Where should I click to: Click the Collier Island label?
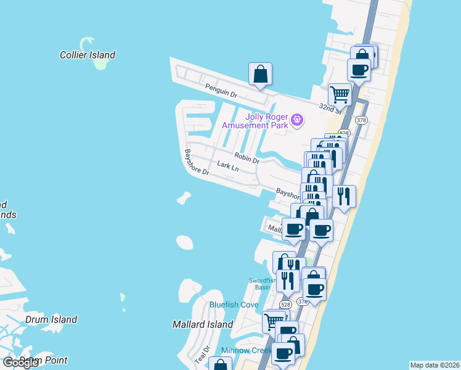(x=88, y=55)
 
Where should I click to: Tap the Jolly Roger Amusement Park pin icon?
(x=297, y=120)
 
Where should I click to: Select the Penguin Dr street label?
(x=221, y=91)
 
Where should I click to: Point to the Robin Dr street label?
(x=247, y=158)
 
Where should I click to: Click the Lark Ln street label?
(x=227, y=166)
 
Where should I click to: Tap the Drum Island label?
(x=51, y=319)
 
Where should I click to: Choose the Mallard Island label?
(x=203, y=324)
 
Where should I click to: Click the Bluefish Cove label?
(x=234, y=305)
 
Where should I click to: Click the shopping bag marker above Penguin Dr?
(x=261, y=75)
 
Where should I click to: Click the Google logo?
(x=20, y=362)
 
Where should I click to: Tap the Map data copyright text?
(x=434, y=365)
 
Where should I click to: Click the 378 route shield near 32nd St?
(x=362, y=120)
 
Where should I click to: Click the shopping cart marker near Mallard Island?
(x=274, y=322)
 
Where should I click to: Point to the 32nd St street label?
(x=330, y=108)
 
